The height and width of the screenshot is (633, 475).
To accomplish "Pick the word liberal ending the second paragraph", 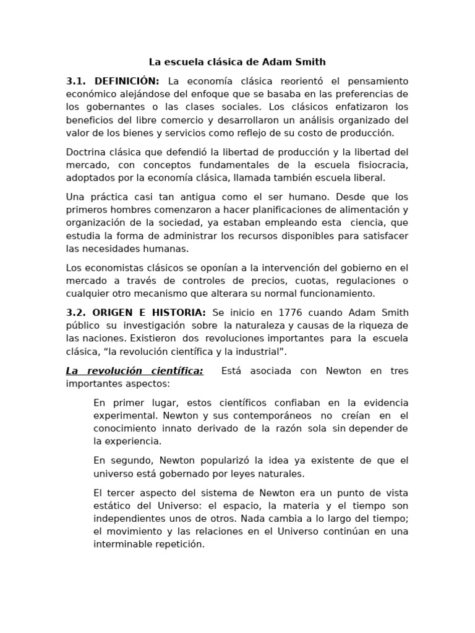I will [x=369, y=178].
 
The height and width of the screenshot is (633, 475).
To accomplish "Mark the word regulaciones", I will [x=362, y=281].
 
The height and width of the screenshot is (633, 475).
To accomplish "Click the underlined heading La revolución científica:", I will [x=134, y=371].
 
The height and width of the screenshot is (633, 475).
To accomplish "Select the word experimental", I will [x=121, y=416].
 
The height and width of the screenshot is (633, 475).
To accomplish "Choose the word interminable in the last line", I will [x=124, y=545].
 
